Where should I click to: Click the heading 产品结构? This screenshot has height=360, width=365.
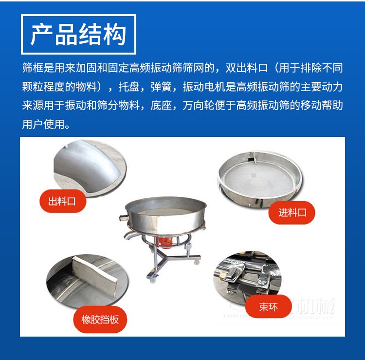pyautogui.click(x=78, y=34)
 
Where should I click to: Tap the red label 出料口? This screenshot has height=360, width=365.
pyautogui.click(x=62, y=201)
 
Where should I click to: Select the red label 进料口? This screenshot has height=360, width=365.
pyautogui.click(x=292, y=213)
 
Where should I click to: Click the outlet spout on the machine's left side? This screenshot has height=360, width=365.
pyautogui.click(x=128, y=234)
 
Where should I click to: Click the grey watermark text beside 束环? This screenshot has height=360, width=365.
pyautogui.click(x=316, y=307)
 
